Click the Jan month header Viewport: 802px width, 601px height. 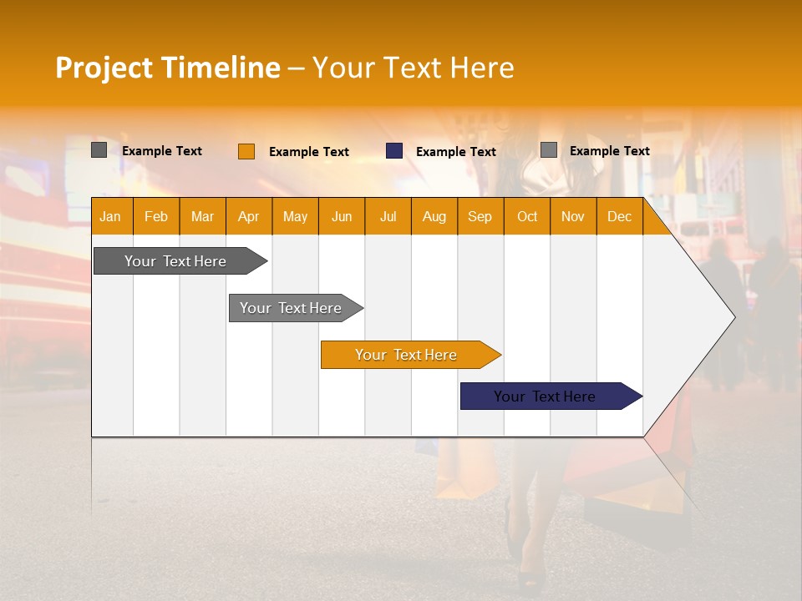pos(110,217)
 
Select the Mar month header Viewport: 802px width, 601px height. pos(202,217)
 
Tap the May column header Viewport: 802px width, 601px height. pos(295,217)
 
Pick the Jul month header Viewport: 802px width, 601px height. pos(388,217)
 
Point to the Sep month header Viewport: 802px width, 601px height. pos(480,217)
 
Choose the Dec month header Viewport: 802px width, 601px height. pos(619,217)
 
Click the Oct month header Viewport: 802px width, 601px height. pos(527,217)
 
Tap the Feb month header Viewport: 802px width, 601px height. pos(156,217)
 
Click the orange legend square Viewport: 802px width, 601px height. pos(246,151)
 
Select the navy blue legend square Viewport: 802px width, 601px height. pos(394,151)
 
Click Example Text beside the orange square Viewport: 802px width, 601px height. pos(309,152)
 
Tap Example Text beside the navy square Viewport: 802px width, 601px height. pos(456,152)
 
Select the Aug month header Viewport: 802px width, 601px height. pos(434,217)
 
